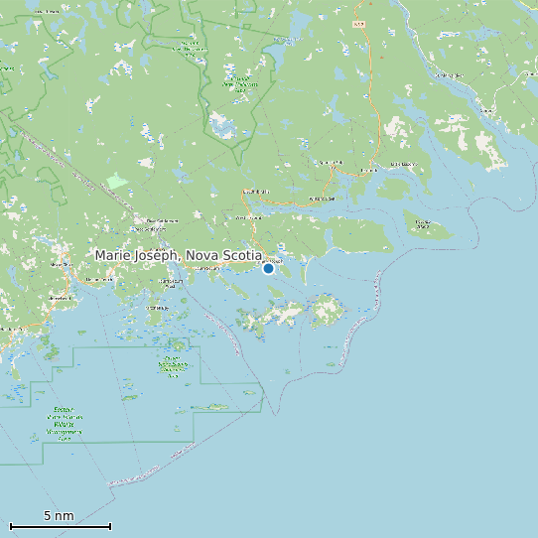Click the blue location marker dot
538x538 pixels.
[x=268, y=268]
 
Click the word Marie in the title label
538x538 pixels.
[x=113, y=255]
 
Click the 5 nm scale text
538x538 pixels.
[x=59, y=516]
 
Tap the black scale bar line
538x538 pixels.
[x=60, y=526]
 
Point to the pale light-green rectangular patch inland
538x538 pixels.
[x=118, y=181]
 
